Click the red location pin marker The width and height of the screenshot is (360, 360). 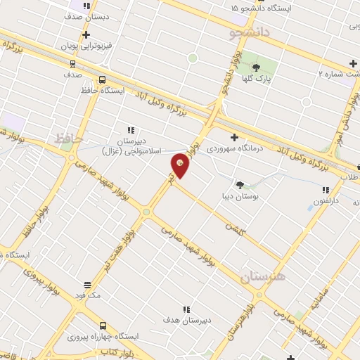click(x=181, y=165)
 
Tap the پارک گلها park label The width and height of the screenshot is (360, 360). click(x=273, y=79)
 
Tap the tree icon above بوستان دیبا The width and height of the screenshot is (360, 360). click(x=240, y=185)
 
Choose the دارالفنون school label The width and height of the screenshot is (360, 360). click(x=326, y=201)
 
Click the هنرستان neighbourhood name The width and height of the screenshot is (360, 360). click(x=262, y=276)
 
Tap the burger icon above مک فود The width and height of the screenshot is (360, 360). click(x=87, y=284)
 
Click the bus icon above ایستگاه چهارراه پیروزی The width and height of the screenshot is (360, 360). click(x=103, y=326)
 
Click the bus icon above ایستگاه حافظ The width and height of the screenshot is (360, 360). click(x=103, y=79)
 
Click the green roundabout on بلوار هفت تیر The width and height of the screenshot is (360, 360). click(x=146, y=212)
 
